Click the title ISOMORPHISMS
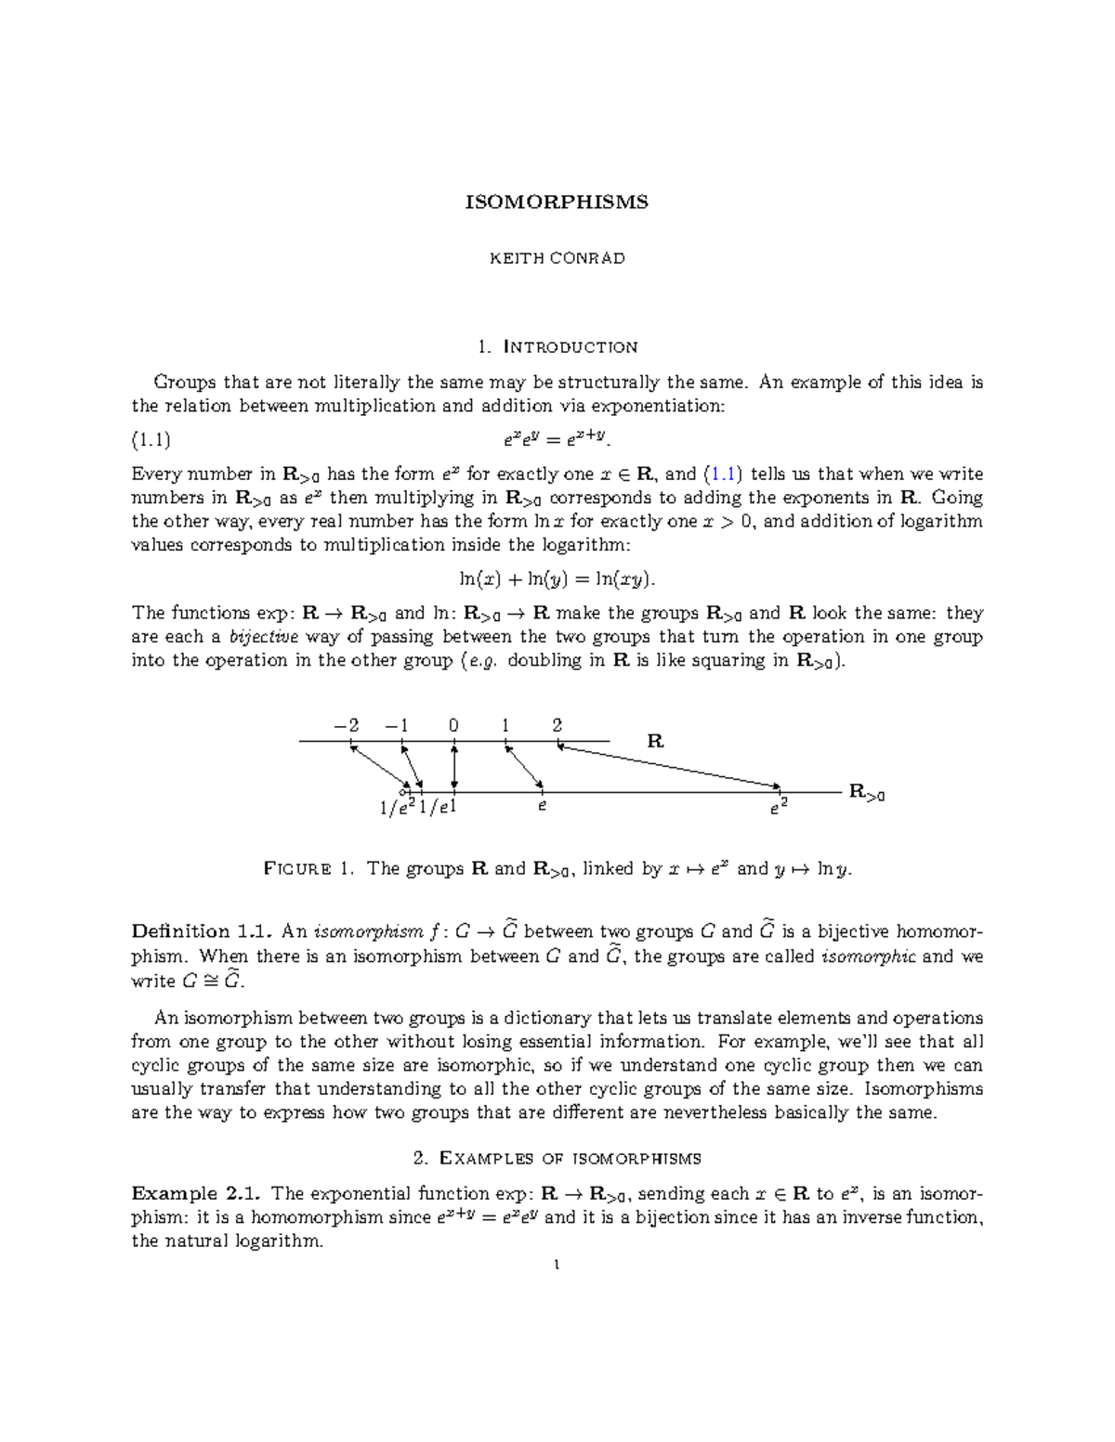(x=557, y=202)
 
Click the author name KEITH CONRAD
(x=557, y=258)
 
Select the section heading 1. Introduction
(x=557, y=347)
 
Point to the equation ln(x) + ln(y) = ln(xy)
(x=557, y=579)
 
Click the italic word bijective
(x=264, y=637)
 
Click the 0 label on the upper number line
(x=453, y=725)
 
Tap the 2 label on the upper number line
(x=557, y=725)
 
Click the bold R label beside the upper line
(x=655, y=741)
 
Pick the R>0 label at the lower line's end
(x=866, y=793)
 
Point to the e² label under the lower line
(x=778, y=808)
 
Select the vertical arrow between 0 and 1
(x=453, y=767)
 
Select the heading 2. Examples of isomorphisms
(x=557, y=1158)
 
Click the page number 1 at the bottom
(x=556, y=1265)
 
